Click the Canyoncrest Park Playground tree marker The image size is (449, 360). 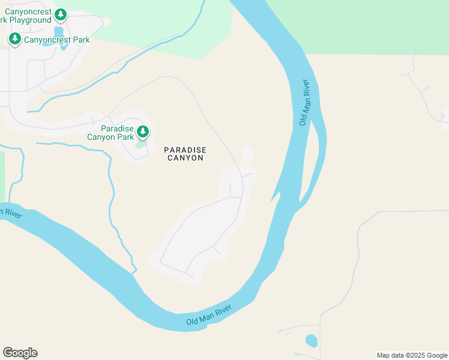[x=61, y=14]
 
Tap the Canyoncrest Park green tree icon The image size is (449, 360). [x=15, y=39]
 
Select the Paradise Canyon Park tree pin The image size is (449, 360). [x=142, y=131]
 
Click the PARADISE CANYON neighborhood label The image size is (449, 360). [x=185, y=154]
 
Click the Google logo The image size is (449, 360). [x=20, y=353]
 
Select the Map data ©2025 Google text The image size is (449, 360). [x=412, y=355]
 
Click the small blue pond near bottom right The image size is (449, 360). [x=311, y=341]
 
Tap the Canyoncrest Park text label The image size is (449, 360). [x=56, y=40]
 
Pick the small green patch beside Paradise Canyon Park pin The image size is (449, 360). [x=140, y=144]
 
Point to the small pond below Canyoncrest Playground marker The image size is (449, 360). [x=59, y=31]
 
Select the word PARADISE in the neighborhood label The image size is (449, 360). [x=185, y=149]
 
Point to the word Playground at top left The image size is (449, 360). [x=30, y=20]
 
